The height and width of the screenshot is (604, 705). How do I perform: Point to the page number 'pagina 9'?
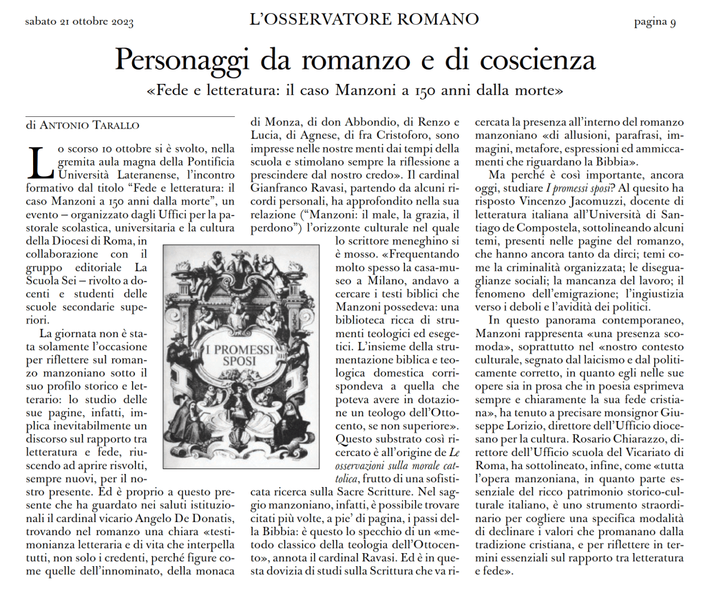pyautogui.click(x=654, y=23)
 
